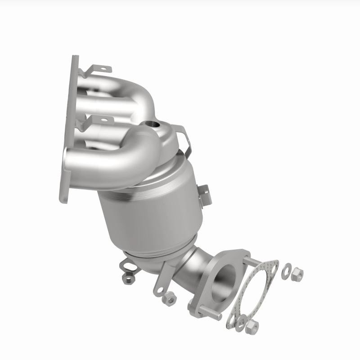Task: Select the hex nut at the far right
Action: [297, 272]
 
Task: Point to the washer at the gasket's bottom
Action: [242, 322]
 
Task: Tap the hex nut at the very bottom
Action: [253, 327]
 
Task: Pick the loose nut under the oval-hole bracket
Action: [129, 279]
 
